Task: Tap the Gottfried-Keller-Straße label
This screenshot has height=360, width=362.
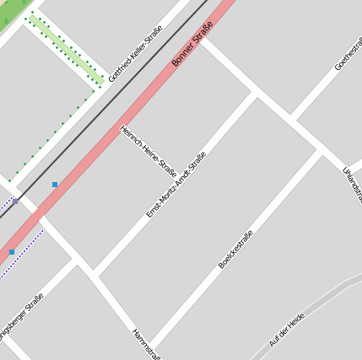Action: (x=134, y=54)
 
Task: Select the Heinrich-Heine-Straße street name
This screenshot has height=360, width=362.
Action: (x=149, y=152)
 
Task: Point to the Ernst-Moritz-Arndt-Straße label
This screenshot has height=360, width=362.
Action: (x=176, y=185)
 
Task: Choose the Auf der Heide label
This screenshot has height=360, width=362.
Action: (x=286, y=330)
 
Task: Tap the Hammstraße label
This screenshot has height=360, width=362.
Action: (x=146, y=344)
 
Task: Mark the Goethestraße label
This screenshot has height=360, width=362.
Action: (x=348, y=53)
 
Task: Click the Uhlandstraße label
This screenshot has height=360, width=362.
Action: (x=353, y=184)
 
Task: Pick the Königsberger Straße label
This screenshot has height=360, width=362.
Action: (x=20, y=315)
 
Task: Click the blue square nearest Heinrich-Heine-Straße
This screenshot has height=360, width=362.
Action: (x=55, y=184)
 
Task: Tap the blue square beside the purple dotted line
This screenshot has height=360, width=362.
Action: (x=12, y=251)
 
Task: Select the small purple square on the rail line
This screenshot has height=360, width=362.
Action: (x=15, y=201)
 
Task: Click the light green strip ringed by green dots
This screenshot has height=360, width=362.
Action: (x=67, y=50)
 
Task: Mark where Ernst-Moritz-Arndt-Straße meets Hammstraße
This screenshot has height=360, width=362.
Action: (x=95, y=274)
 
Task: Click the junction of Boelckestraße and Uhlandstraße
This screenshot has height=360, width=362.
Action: (x=319, y=153)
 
